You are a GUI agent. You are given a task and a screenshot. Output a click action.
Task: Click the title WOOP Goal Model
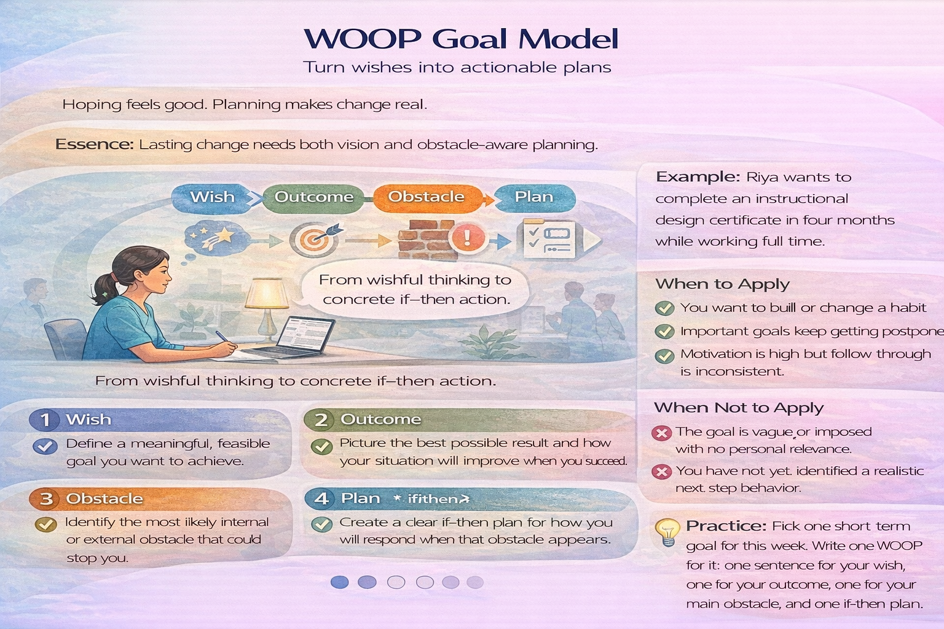tap(461, 38)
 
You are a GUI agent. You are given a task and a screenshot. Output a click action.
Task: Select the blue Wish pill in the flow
tap(212, 197)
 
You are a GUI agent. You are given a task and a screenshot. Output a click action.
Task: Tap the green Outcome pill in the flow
tap(313, 197)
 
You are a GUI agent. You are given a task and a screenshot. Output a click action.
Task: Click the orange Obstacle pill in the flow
tap(426, 197)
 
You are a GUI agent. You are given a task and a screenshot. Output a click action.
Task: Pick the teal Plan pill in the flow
tap(533, 197)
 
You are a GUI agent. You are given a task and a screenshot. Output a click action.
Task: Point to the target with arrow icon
tap(315, 239)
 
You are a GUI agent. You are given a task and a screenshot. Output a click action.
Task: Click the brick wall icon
tap(423, 240)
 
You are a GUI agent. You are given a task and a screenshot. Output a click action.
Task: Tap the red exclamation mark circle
tap(467, 237)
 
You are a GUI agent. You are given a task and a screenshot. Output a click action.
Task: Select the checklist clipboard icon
tap(549, 239)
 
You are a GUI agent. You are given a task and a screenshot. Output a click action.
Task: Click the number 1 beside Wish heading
tap(45, 420)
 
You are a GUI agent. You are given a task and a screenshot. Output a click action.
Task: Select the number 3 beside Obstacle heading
tap(45, 499)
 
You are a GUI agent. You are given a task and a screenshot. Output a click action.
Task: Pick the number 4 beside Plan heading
tap(321, 498)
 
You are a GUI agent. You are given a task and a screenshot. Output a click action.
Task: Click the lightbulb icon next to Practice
tap(667, 531)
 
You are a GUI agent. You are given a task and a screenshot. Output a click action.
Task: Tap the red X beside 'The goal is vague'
tap(661, 433)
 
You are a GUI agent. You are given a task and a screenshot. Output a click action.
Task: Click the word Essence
tap(94, 144)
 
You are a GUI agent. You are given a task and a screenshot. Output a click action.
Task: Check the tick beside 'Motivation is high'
tap(664, 356)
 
